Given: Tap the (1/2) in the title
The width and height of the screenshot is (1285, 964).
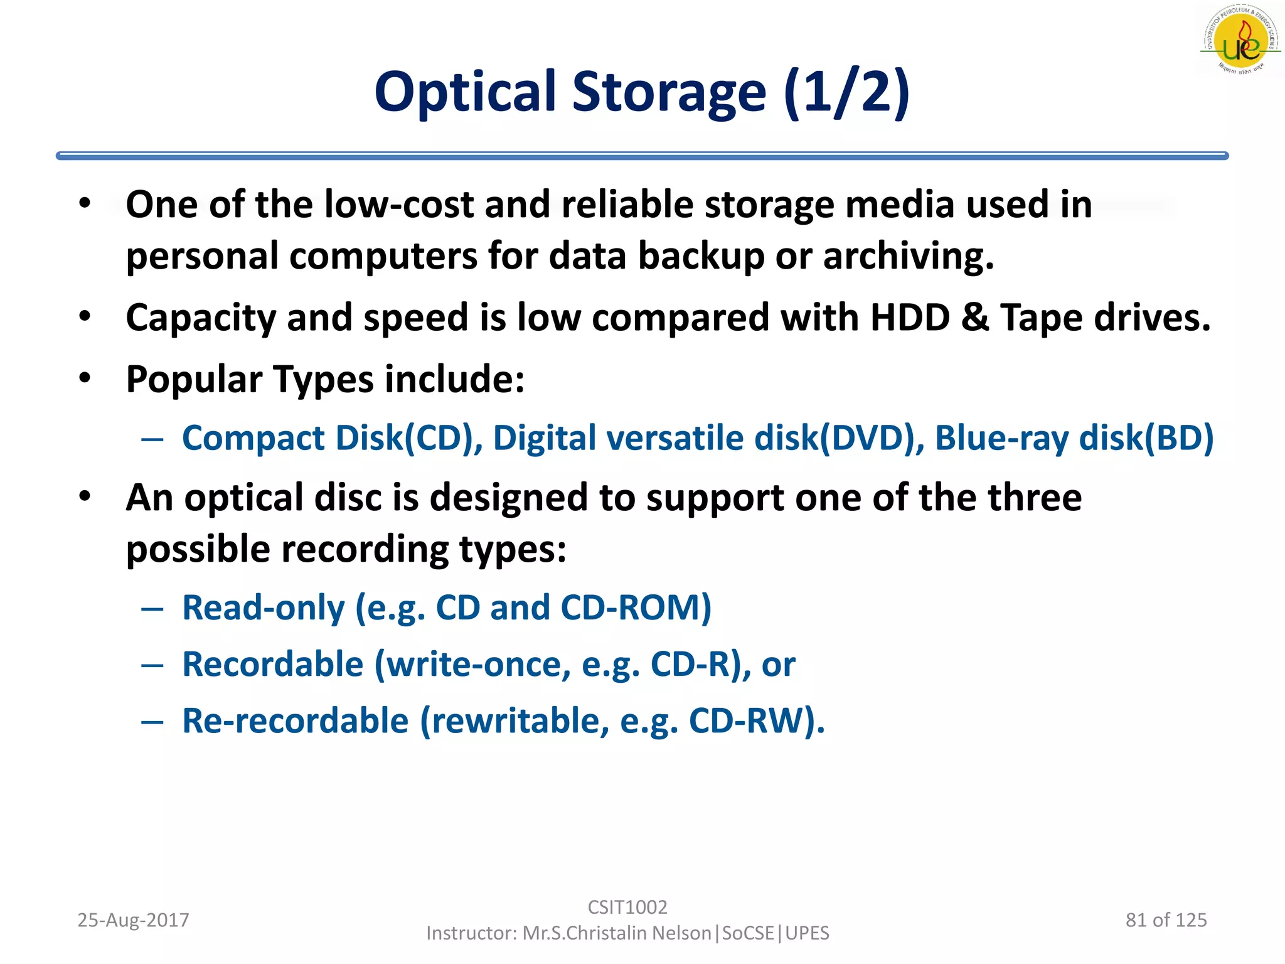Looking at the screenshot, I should click(x=846, y=92).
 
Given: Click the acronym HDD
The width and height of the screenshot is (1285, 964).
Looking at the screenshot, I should click(x=910, y=317).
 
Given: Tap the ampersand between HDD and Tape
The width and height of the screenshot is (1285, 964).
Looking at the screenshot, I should click(x=975, y=317).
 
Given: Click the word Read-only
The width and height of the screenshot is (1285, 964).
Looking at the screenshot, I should click(x=264, y=608).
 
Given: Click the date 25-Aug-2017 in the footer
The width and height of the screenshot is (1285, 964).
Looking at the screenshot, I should click(x=133, y=920).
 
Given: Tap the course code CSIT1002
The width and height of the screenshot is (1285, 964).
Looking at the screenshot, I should click(x=627, y=907).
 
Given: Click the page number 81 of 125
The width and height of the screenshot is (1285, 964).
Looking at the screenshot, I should click(x=1166, y=920).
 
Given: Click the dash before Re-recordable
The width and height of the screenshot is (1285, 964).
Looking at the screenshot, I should click(x=152, y=722).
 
